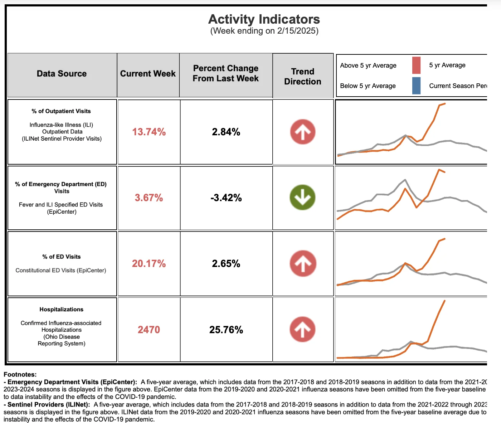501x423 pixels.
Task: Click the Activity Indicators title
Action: [264, 19]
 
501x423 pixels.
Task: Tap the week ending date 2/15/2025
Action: [297, 31]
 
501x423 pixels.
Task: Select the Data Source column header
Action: [62, 73]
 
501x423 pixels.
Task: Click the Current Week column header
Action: [148, 73]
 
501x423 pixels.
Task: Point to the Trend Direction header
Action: [302, 76]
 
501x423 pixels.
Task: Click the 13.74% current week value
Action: [149, 132]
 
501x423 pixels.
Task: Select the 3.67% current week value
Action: [149, 198]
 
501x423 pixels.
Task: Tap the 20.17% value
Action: [149, 263]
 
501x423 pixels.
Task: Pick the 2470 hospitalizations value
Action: [149, 330]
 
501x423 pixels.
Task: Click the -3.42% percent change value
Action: [226, 198]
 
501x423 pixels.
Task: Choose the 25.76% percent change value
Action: [226, 330]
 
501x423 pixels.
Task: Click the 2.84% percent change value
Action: [226, 132]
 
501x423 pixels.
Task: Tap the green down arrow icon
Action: [302, 197]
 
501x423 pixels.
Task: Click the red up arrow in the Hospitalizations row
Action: [302, 329]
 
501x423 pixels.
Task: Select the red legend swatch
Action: [416, 65]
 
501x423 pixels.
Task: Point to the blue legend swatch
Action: [416, 86]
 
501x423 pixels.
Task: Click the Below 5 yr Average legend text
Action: [368, 86]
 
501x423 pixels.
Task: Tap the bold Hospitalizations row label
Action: [62, 309]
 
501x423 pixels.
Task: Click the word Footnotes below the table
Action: [20, 374]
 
